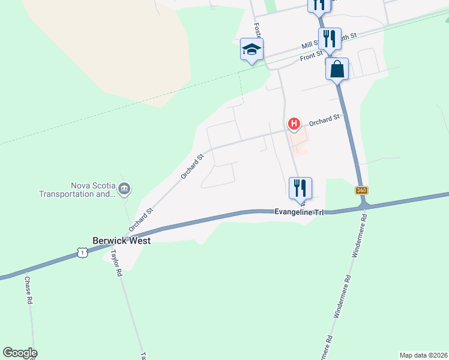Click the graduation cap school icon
click(252, 49)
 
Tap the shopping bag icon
click(337, 68)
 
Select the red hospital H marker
click(294, 124)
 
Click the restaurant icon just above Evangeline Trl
click(300, 188)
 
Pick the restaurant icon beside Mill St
click(330, 39)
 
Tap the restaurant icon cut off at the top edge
click(319, 5)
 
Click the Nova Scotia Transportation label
click(76, 190)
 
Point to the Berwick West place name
click(121, 241)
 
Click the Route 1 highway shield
click(83, 253)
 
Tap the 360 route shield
click(361, 190)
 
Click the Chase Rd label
click(28, 289)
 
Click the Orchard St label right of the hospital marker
click(325, 120)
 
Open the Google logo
click(20, 353)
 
